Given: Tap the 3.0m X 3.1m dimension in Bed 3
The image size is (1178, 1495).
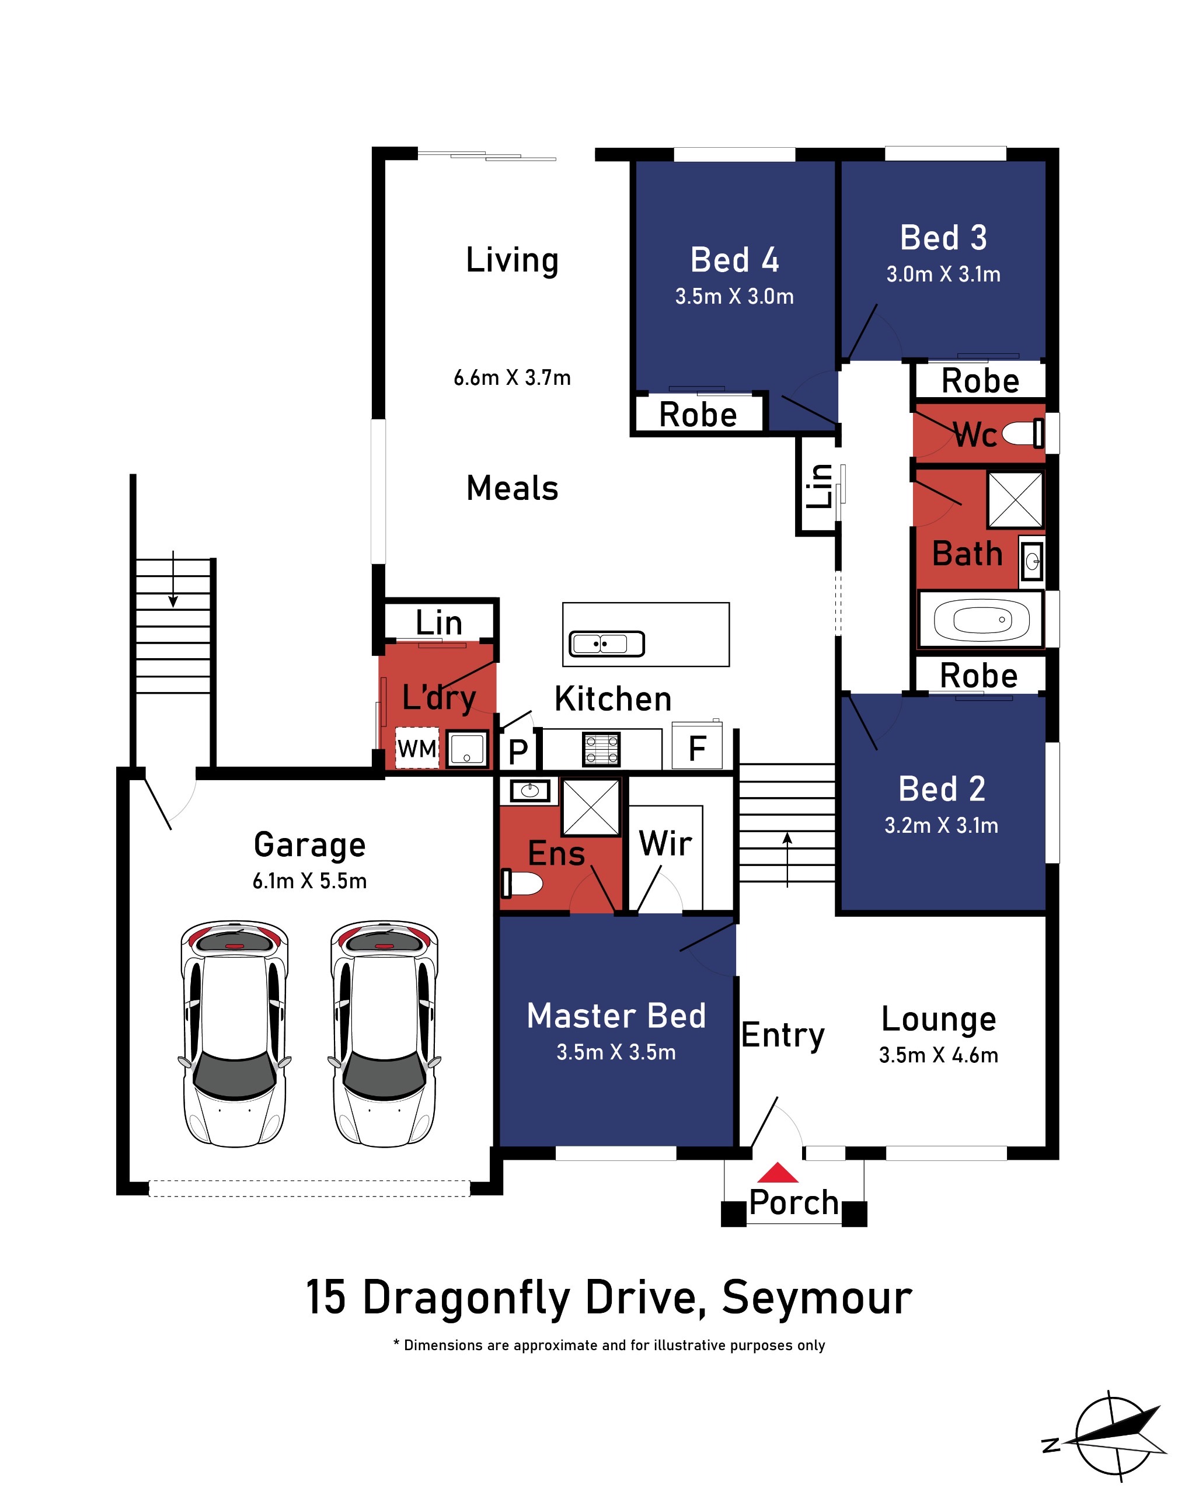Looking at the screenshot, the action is [943, 274].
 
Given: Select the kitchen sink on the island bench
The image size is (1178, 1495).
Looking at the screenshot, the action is [607, 644].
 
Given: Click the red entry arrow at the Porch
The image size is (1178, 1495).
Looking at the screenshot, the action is [778, 1172].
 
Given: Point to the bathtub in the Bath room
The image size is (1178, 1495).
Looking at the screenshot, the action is [982, 620].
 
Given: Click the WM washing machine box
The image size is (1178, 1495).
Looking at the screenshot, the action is [417, 748].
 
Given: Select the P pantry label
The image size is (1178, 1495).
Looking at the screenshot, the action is [518, 751].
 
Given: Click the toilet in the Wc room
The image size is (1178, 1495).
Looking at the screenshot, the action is [1023, 434].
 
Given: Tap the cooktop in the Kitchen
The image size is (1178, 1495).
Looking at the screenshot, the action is [601, 749].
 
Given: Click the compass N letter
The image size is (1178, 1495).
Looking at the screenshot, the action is [1051, 1445].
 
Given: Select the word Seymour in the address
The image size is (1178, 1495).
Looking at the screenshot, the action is [817, 1298].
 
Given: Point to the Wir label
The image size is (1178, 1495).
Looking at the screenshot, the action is [665, 843].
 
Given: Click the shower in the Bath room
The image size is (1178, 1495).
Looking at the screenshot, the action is [1015, 499].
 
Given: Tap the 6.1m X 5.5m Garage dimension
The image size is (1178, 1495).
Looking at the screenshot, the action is [309, 881].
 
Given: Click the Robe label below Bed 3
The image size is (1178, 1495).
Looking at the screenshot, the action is [980, 381].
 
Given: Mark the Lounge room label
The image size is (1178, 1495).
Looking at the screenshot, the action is [939, 1019].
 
